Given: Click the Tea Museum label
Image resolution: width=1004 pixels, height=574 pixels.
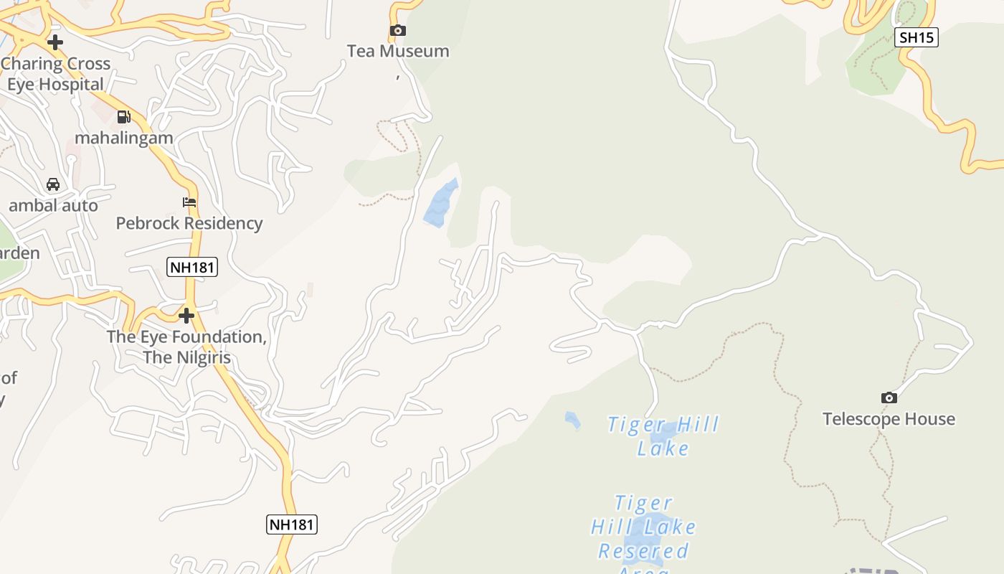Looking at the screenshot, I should (x=398, y=51).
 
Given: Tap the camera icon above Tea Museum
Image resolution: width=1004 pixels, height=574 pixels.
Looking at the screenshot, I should (x=397, y=30).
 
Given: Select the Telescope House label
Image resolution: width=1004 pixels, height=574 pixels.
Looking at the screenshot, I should (x=889, y=419).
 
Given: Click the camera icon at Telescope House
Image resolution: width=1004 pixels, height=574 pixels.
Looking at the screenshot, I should (x=889, y=397).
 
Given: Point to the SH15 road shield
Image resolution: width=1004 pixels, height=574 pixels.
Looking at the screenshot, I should (x=917, y=37).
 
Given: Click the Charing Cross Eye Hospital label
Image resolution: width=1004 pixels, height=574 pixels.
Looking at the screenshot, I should (x=55, y=74).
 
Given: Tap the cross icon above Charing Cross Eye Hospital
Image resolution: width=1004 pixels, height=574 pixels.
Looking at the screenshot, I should (x=55, y=42).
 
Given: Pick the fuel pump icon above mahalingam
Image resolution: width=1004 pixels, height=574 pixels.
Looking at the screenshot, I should (x=124, y=116).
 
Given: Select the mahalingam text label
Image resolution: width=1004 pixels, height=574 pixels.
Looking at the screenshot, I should (x=124, y=138).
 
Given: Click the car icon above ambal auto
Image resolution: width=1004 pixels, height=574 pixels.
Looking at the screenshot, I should (x=53, y=184).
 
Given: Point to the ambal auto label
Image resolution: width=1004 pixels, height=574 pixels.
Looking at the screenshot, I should (x=53, y=206).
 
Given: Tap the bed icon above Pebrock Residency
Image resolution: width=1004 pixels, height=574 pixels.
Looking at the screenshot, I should (x=189, y=202).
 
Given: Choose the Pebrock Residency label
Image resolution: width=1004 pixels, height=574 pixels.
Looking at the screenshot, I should (x=189, y=223).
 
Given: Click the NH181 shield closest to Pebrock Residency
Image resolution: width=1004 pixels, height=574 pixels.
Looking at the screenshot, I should (x=192, y=268).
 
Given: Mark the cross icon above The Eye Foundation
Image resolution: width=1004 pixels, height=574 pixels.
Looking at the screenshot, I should (x=186, y=316).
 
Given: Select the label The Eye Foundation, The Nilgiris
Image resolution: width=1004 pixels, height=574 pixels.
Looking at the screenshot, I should (x=186, y=347).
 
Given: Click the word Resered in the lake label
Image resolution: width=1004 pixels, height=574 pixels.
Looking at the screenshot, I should (x=643, y=551).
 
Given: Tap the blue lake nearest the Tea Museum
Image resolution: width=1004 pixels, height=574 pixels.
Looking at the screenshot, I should (x=440, y=204).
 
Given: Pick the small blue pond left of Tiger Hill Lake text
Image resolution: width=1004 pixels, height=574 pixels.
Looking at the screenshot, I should (x=572, y=420).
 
